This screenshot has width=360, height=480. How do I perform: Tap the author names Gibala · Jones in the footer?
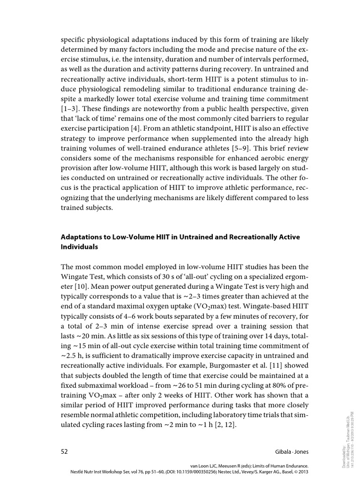[288, 451]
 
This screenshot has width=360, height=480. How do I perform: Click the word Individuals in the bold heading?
[79, 246]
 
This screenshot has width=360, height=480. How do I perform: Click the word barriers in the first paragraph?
[268, 119]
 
